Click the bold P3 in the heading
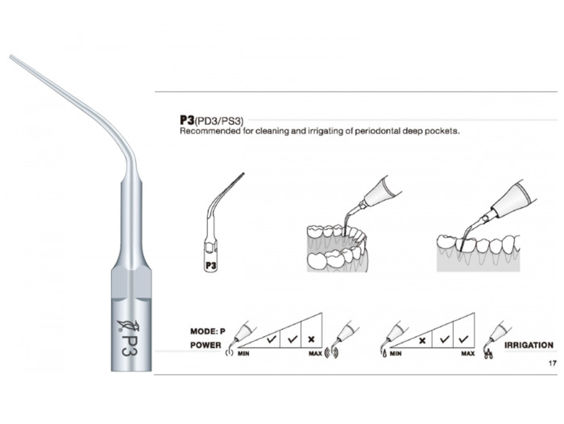187,120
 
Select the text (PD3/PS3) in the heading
219,121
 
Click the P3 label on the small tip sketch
211,266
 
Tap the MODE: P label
208,331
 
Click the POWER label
205,345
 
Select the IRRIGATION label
529,345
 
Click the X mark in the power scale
312,339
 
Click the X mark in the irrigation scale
422,339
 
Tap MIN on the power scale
243,354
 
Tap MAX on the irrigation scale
468,354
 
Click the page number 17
553,364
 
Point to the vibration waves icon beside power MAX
331,353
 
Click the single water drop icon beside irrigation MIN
384,354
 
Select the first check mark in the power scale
272,339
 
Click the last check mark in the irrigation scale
463,339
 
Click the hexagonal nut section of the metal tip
131,283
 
